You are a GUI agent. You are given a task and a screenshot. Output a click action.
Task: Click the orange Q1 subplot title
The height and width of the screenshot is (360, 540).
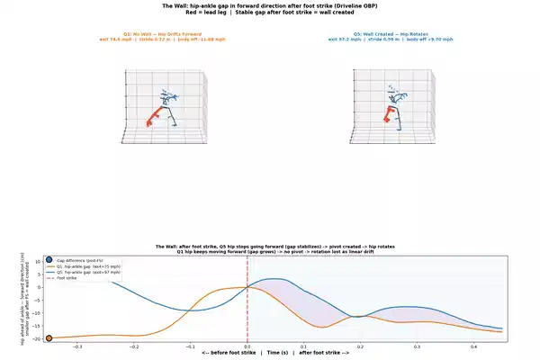tap(163, 35)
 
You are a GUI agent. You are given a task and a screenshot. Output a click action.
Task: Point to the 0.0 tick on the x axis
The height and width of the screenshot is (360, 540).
tap(247, 346)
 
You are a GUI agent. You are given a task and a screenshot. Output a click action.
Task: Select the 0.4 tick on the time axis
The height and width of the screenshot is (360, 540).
tap(473, 346)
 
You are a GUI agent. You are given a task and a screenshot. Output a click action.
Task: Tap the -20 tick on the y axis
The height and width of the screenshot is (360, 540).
tap(39, 338)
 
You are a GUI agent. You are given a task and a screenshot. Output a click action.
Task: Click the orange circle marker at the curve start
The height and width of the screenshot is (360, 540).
tap(49, 338)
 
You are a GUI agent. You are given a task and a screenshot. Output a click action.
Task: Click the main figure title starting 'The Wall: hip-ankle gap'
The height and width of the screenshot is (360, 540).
tap(269, 6)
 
